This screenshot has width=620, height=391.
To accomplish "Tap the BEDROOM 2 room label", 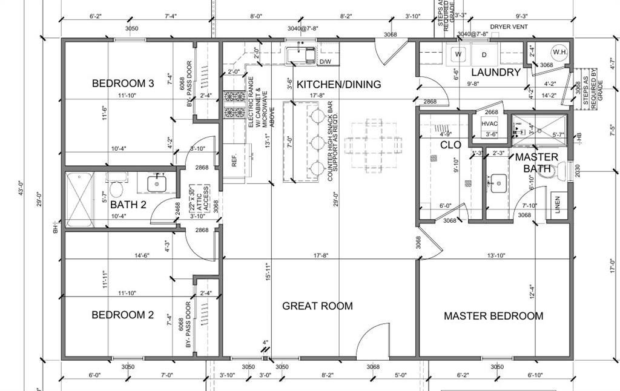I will [122, 315].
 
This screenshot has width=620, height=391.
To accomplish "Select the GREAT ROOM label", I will [317, 306].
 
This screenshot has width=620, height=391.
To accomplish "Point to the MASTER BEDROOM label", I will [493, 316].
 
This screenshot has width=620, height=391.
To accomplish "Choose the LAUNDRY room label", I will [496, 73].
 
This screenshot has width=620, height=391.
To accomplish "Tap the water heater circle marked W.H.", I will [559, 52].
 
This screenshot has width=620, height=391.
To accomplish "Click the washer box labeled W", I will [458, 54].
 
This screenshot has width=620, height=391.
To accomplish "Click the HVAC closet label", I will [489, 124].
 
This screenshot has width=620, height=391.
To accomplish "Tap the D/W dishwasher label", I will [325, 62].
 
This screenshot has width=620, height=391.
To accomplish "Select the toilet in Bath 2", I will [116, 182].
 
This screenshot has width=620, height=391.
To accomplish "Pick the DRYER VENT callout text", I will [509, 27].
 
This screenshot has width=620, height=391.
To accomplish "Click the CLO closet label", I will [450, 145].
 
